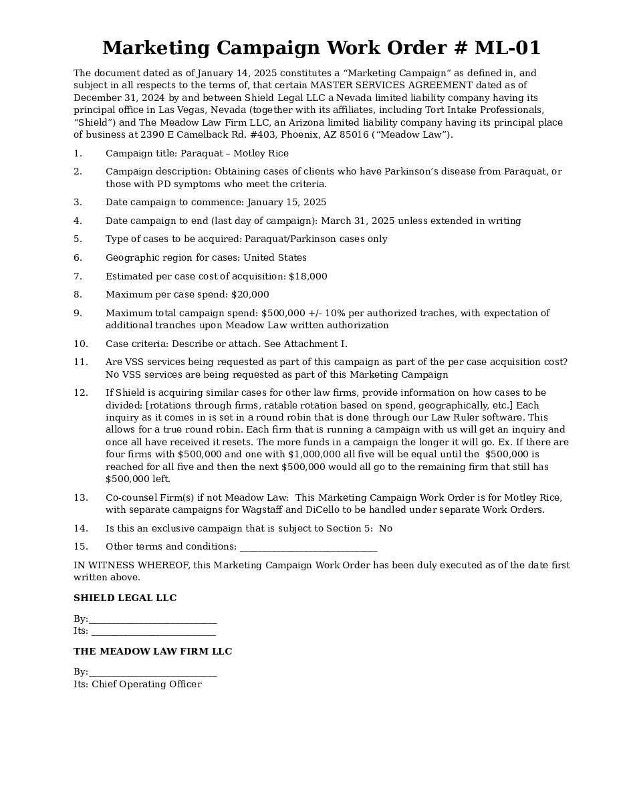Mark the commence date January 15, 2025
(287, 202)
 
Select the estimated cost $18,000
(307, 276)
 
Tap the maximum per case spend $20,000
(250, 294)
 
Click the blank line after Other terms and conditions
(308, 548)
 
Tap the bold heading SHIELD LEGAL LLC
(125, 598)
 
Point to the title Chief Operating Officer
(146, 684)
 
